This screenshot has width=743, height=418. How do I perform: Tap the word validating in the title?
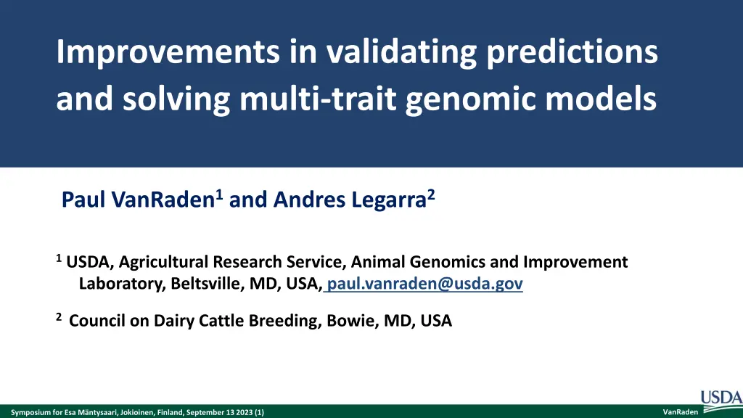tap(401, 53)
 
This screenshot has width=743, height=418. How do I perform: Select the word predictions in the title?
tap(572, 53)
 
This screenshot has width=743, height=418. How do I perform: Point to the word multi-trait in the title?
tap(318, 99)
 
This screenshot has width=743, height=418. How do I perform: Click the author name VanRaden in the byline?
tap(163, 200)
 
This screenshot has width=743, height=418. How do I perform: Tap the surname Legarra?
tap(389, 200)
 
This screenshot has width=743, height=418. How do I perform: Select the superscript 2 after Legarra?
tap(431, 194)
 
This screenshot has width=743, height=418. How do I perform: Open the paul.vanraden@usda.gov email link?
tap(424, 284)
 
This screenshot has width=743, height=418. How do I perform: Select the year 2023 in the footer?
tap(245, 412)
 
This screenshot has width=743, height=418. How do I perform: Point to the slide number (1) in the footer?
tap(259, 412)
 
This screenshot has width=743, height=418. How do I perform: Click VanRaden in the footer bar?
tap(680, 412)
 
